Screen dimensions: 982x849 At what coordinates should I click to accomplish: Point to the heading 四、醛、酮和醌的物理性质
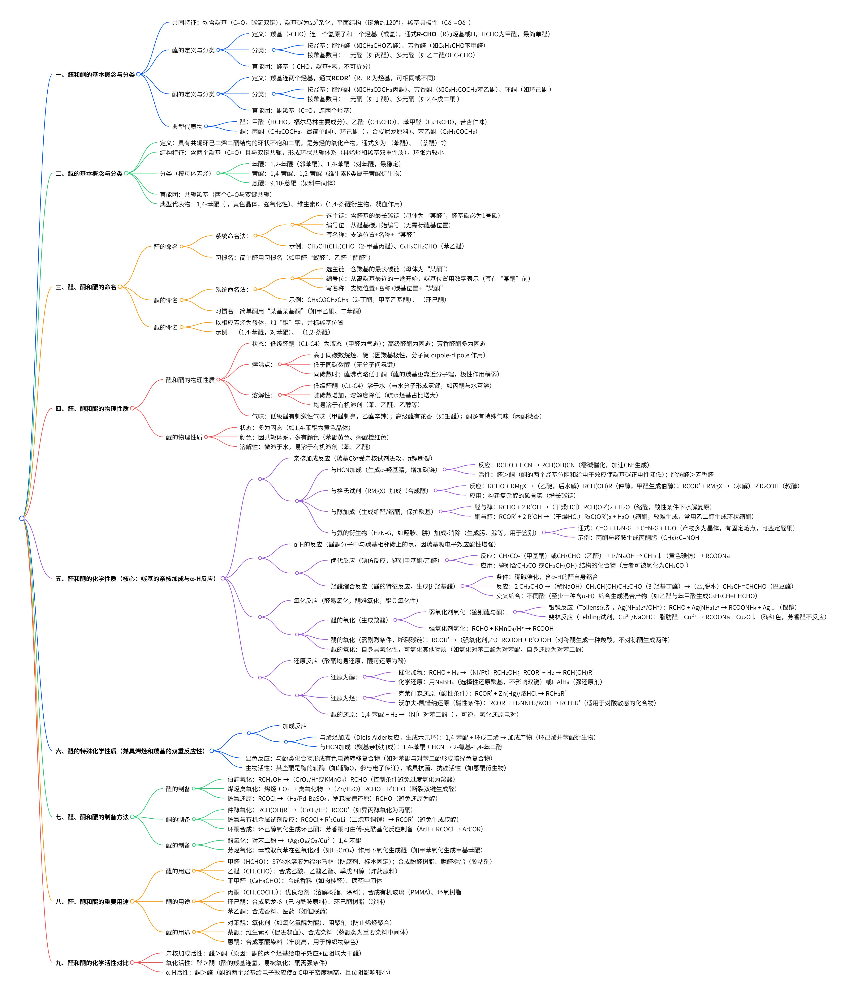point(92,409)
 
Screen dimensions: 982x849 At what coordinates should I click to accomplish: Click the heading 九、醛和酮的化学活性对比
point(92,963)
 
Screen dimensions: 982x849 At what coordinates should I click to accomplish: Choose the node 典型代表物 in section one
point(187,127)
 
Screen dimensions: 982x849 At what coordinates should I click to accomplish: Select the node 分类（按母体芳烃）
point(185,174)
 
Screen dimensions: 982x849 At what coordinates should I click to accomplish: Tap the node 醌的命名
point(166,327)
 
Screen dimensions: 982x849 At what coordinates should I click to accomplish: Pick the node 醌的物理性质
point(184,437)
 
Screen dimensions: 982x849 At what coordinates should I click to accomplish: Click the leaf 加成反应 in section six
point(294,726)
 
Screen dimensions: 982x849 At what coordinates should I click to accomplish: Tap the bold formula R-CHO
point(426,34)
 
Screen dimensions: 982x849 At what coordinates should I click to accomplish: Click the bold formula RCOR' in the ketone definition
point(340,78)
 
